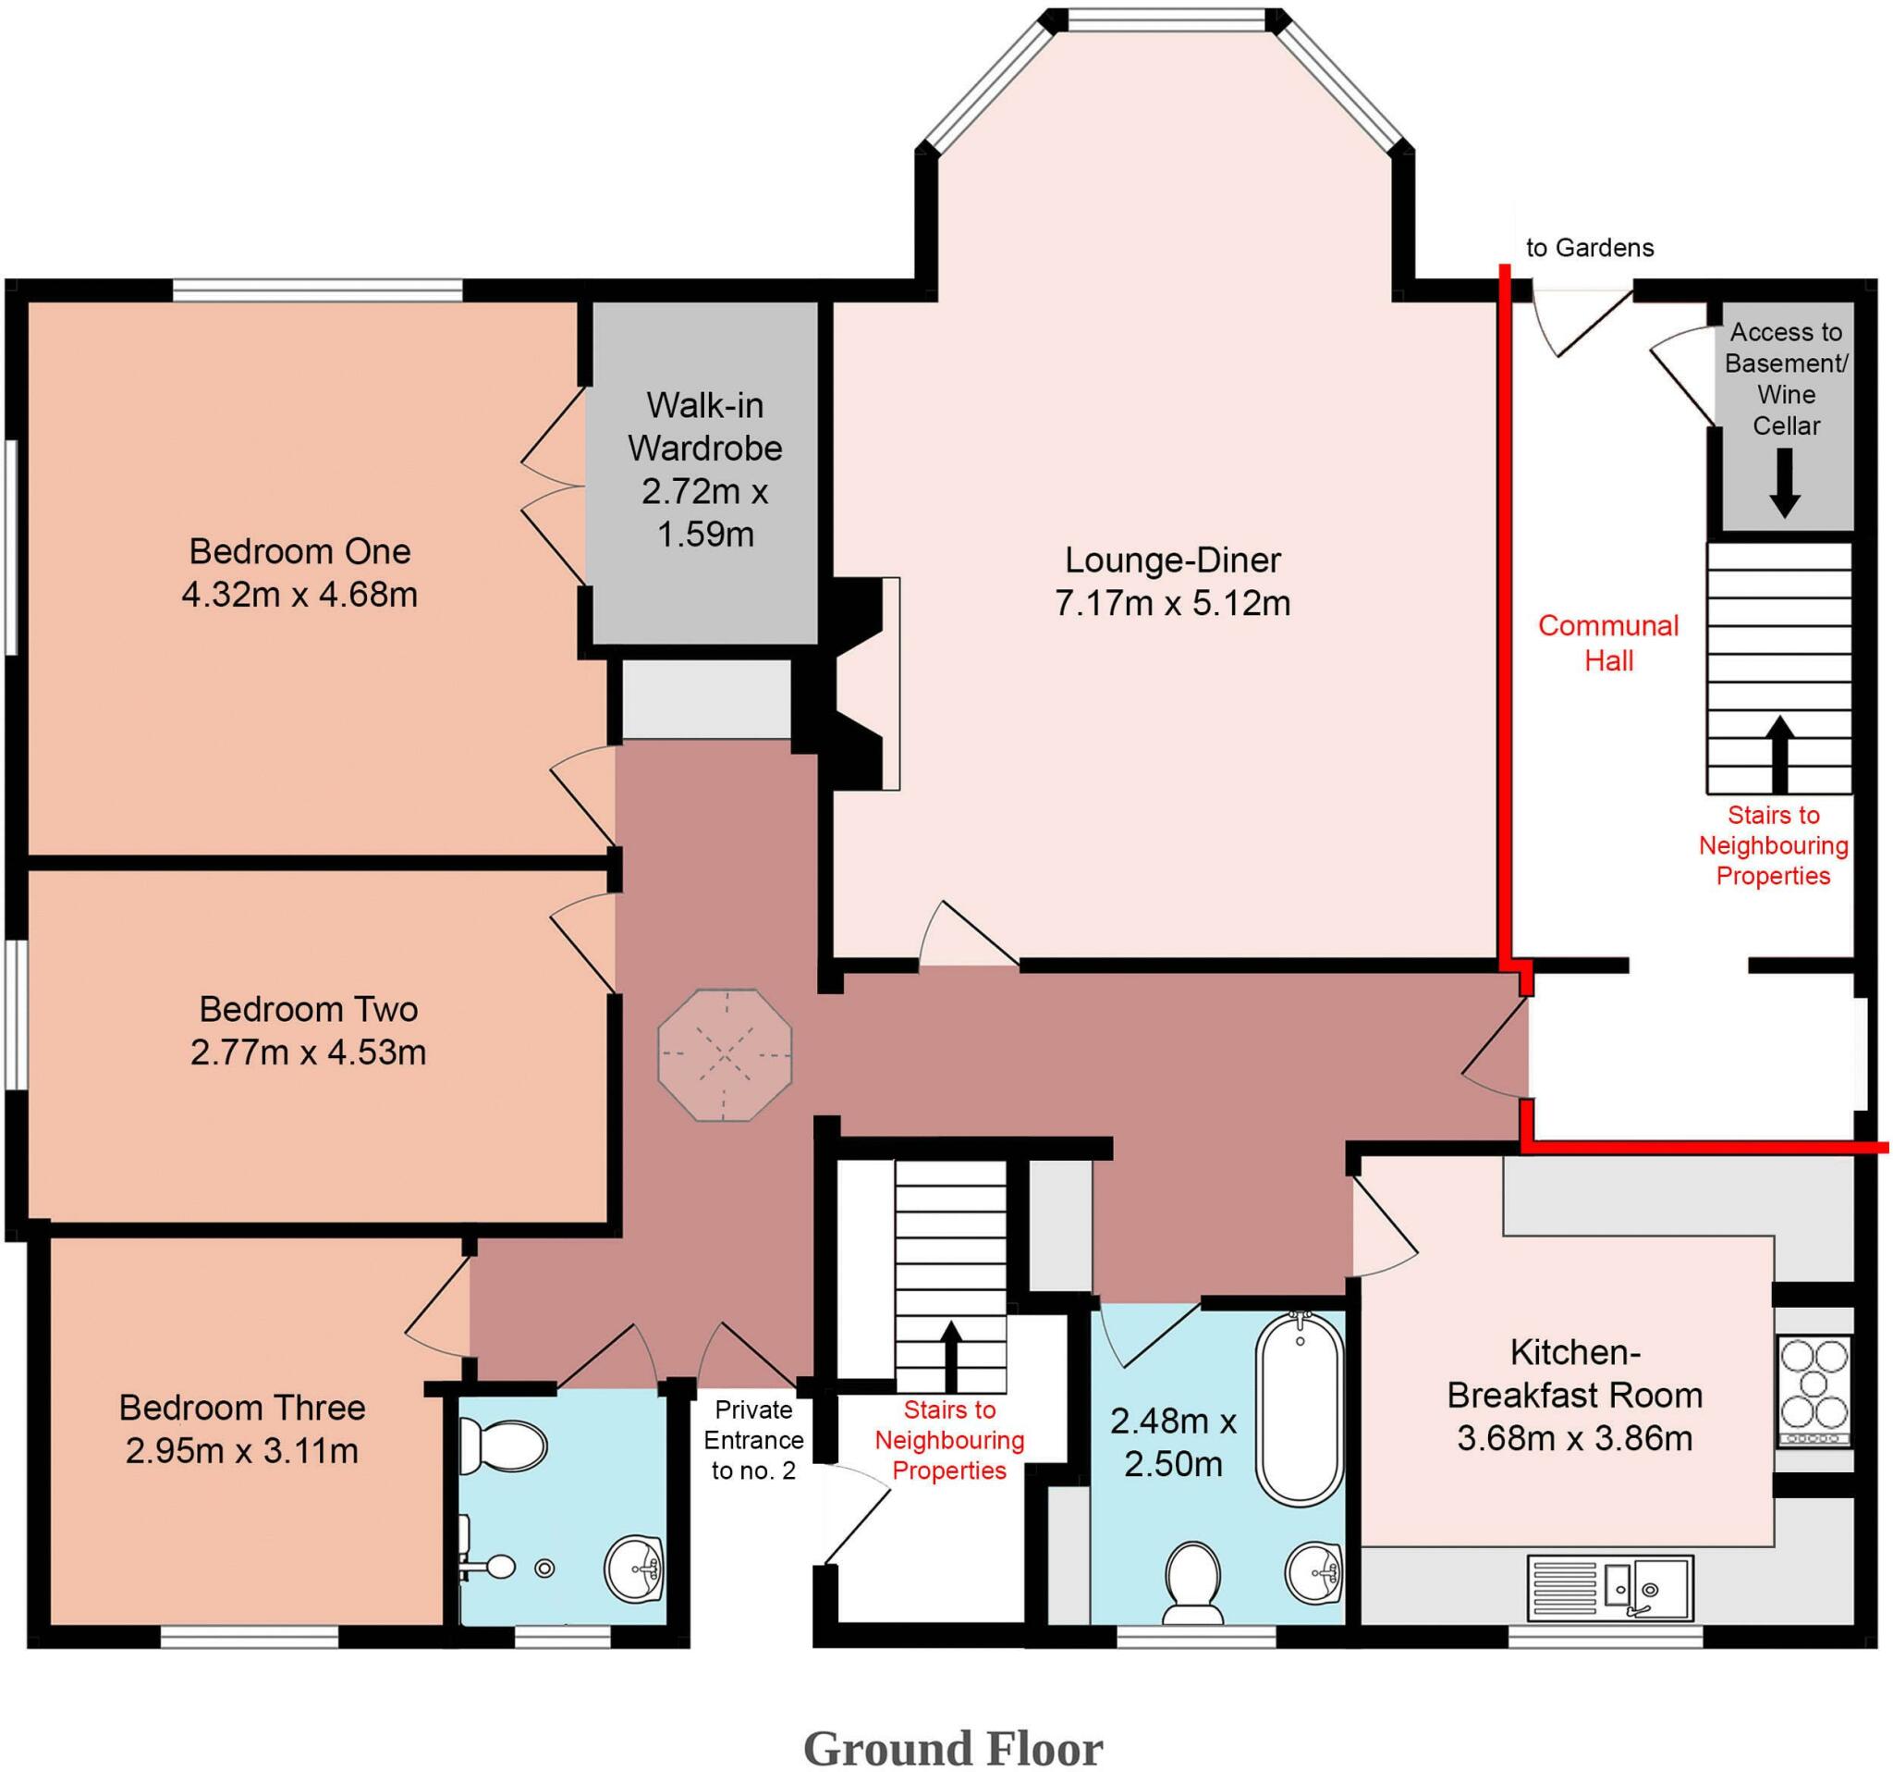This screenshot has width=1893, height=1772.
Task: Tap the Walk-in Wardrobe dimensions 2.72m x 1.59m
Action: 704,512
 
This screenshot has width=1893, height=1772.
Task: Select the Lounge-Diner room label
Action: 1172,560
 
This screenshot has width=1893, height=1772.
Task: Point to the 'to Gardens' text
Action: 1589,248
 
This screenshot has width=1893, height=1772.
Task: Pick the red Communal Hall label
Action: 1608,643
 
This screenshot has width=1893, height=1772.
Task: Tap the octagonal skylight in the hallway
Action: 725,1055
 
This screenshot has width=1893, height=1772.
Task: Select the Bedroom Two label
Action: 309,1009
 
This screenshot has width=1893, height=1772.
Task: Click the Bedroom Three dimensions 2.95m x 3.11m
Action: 242,1451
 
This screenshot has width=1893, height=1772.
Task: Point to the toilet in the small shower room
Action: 503,1444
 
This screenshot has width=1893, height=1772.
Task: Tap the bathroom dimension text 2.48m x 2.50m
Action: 1173,1443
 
